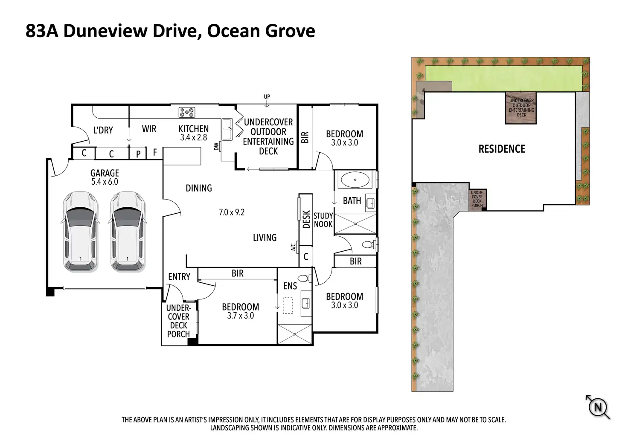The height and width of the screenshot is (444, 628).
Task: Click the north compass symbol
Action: click(598, 407)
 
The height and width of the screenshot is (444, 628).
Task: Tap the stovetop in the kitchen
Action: click(187, 113)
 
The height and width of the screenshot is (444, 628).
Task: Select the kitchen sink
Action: click(227, 130)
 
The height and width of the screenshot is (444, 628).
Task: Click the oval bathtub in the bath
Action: click(355, 180)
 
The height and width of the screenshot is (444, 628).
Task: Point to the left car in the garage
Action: click(80, 232)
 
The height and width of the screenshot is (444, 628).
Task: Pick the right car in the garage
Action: click(128, 232)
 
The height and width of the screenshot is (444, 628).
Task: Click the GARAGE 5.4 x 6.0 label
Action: click(105, 177)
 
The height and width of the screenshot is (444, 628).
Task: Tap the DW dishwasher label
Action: click(216, 146)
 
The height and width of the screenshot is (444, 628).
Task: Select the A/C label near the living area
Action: click(293, 247)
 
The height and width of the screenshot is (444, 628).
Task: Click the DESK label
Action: click(306, 220)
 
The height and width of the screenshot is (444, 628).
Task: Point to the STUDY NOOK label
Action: click(323, 220)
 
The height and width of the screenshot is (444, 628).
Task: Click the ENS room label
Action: click(290, 286)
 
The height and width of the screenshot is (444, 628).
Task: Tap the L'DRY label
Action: click(103, 130)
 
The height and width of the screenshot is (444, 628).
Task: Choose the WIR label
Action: click(149, 129)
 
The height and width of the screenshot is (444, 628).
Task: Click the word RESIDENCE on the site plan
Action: click(502, 149)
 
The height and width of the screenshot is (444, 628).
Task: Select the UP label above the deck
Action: click(267, 96)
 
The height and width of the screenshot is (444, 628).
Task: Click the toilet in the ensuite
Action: click(305, 279)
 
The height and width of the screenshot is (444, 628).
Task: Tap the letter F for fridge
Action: click(155, 152)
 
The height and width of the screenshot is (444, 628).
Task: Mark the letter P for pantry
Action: click(138, 154)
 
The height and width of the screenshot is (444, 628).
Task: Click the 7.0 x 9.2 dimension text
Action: click(232, 212)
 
